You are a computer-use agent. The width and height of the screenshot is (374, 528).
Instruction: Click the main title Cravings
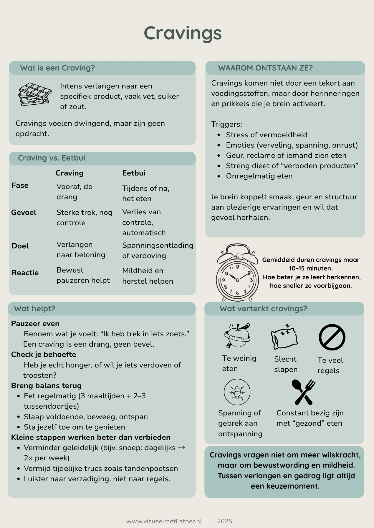pyautogui.click(x=183, y=33)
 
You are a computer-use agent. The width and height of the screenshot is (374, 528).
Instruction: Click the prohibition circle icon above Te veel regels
pyautogui.click(x=332, y=337)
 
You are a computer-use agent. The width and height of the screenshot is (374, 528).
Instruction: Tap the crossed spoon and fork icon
pyautogui.click(x=304, y=392)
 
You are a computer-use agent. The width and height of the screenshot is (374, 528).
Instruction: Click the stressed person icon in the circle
pyautogui.click(x=237, y=392)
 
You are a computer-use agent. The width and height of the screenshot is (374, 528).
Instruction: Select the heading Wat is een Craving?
pyautogui.click(x=57, y=68)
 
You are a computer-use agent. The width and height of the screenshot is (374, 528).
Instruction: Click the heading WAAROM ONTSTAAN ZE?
pyautogui.click(x=265, y=68)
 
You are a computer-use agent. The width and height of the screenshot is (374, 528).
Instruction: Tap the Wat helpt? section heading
pyautogui.click(x=35, y=309)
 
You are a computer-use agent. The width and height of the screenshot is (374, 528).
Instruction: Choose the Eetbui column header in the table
pyautogui.click(x=134, y=173)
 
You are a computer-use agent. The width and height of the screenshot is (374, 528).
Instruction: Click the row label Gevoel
pyautogui.click(x=24, y=213)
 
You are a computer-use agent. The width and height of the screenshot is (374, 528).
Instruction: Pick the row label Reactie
pyautogui.click(x=25, y=273)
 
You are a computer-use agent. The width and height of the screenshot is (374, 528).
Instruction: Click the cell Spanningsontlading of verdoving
pyautogui.click(x=158, y=250)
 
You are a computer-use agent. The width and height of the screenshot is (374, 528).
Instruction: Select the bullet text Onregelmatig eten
pyautogui.click(x=259, y=176)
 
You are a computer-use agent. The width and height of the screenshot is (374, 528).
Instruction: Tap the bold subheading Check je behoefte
pyautogui.click(x=44, y=355)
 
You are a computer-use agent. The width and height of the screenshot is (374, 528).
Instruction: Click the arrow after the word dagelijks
pyautogui.click(x=182, y=447)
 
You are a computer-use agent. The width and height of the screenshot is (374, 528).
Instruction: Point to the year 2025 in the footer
pyautogui.click(x=225, y=521)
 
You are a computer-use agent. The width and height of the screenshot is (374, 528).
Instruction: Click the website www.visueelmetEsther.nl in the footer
pyautogui.click(x=164, y=521)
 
